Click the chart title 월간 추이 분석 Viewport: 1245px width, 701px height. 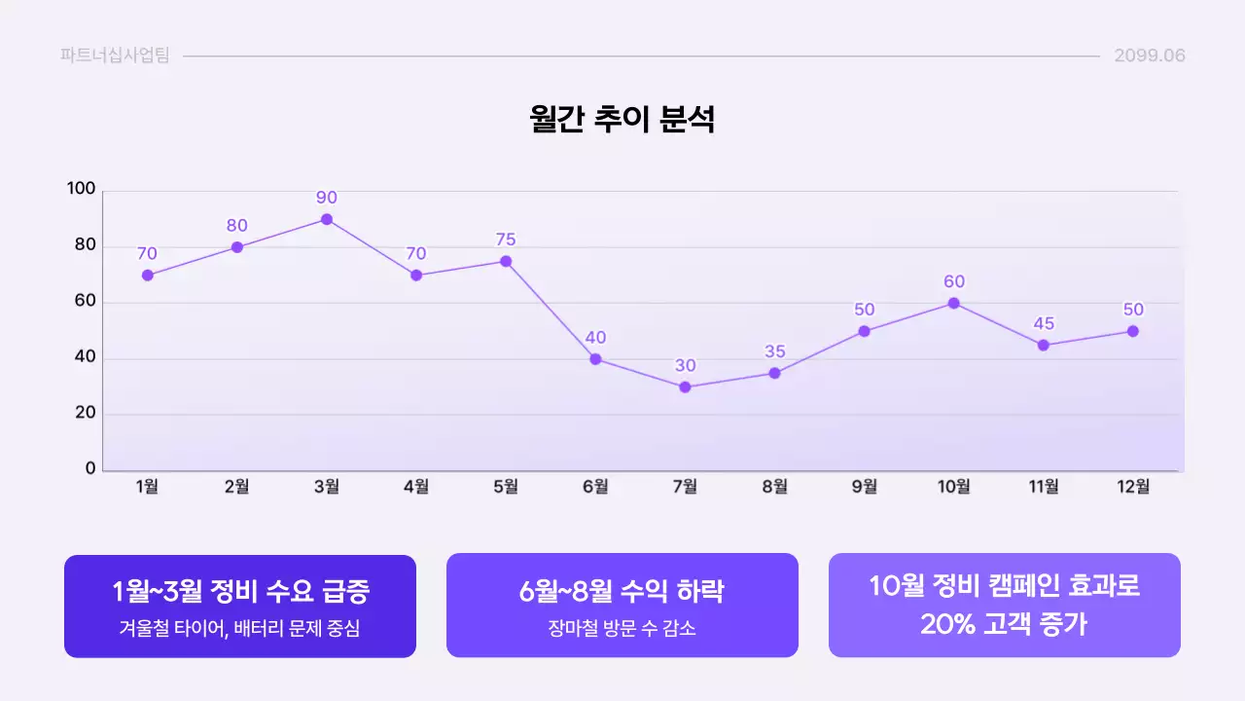pyautogui.click(x=622, y=119)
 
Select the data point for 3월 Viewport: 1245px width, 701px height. pyautogui.click(x=327, y=219)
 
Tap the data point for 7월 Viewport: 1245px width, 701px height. pyautogui.click(x=685, y=387)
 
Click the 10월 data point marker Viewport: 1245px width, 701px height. pyautogui.click(x=954, y=303)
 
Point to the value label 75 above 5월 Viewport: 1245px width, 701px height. pyautogui.click(x=506, y=240)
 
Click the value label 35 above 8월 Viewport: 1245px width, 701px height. pyautogui.click(x=774, y=351)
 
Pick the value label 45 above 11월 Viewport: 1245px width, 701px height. pyautogui.click(x=1044, y=323)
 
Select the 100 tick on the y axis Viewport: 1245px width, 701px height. pyautogui.click(x=82, y=189)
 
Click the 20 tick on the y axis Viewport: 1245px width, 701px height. pyautogui.click(x=86, y=413)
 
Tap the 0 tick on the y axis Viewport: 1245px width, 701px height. pyautogui.click(x=90, y=468)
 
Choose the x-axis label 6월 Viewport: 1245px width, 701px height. pyautogui.click(x=595, y=487)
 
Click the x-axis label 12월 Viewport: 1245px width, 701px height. pyautogui.click(x=1133, y=487)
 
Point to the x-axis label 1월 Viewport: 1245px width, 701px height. pyautogui.click(x=148, y=487)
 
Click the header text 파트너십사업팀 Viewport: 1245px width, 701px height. pyautogui.click(x=115, y=55)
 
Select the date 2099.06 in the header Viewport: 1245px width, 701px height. pyautogui.click(x=1150, y=55)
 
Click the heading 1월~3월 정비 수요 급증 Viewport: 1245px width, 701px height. pyautogui.click(x=240, y=591)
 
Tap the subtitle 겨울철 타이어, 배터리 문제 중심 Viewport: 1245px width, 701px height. pyautogui.click(x=240, y=629)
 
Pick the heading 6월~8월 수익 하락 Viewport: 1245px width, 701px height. pyautogui.click(x=622, y=591)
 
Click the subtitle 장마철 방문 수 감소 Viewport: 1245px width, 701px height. pyautogui.click(x=622, y=629)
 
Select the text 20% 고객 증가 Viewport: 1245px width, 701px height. pyautogui.click(x=1004, y=624)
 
